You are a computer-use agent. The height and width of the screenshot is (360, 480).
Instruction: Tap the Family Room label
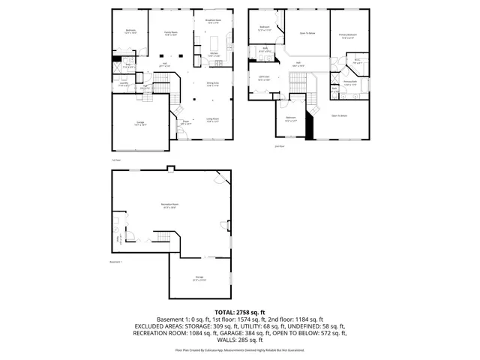click(x=171, y=34)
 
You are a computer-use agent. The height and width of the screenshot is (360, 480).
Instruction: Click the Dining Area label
click(x=213, y=83)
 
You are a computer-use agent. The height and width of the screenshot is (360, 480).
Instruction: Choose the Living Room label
click(x=213, y=119)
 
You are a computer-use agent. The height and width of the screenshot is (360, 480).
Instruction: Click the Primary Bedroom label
click(x=347, y=36)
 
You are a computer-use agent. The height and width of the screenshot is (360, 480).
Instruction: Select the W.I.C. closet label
click(x=357, y=61)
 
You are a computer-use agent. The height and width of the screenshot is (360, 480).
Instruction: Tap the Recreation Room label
click(x=169, y=206)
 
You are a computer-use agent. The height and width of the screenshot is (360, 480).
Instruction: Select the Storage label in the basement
click(x=199, y=277)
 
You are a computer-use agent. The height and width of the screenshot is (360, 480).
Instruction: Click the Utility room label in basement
click(x=118, y=239)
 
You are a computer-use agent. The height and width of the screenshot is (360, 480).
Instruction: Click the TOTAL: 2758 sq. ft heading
click(x=240, y=311)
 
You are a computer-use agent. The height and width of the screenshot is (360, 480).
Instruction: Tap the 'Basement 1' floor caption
click(x=116, y=262)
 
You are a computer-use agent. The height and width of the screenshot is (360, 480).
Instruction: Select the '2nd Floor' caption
click(x=279, y=146)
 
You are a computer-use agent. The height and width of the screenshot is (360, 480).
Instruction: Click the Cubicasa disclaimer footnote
click(x=240, y=349)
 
